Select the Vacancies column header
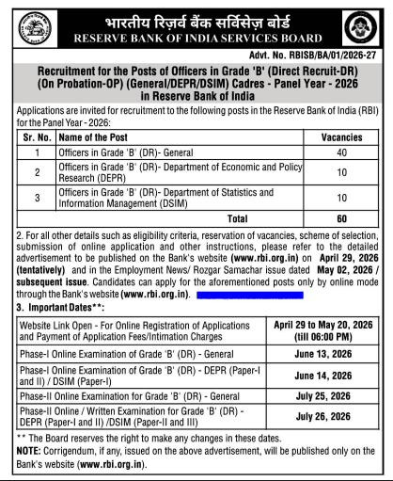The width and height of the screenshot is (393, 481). click(x=341, y=138)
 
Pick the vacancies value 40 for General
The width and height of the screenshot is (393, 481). click(x=341, y=152)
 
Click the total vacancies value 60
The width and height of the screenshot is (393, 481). click(x=341, y=218)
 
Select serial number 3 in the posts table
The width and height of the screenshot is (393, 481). click(x=37, y=198)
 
